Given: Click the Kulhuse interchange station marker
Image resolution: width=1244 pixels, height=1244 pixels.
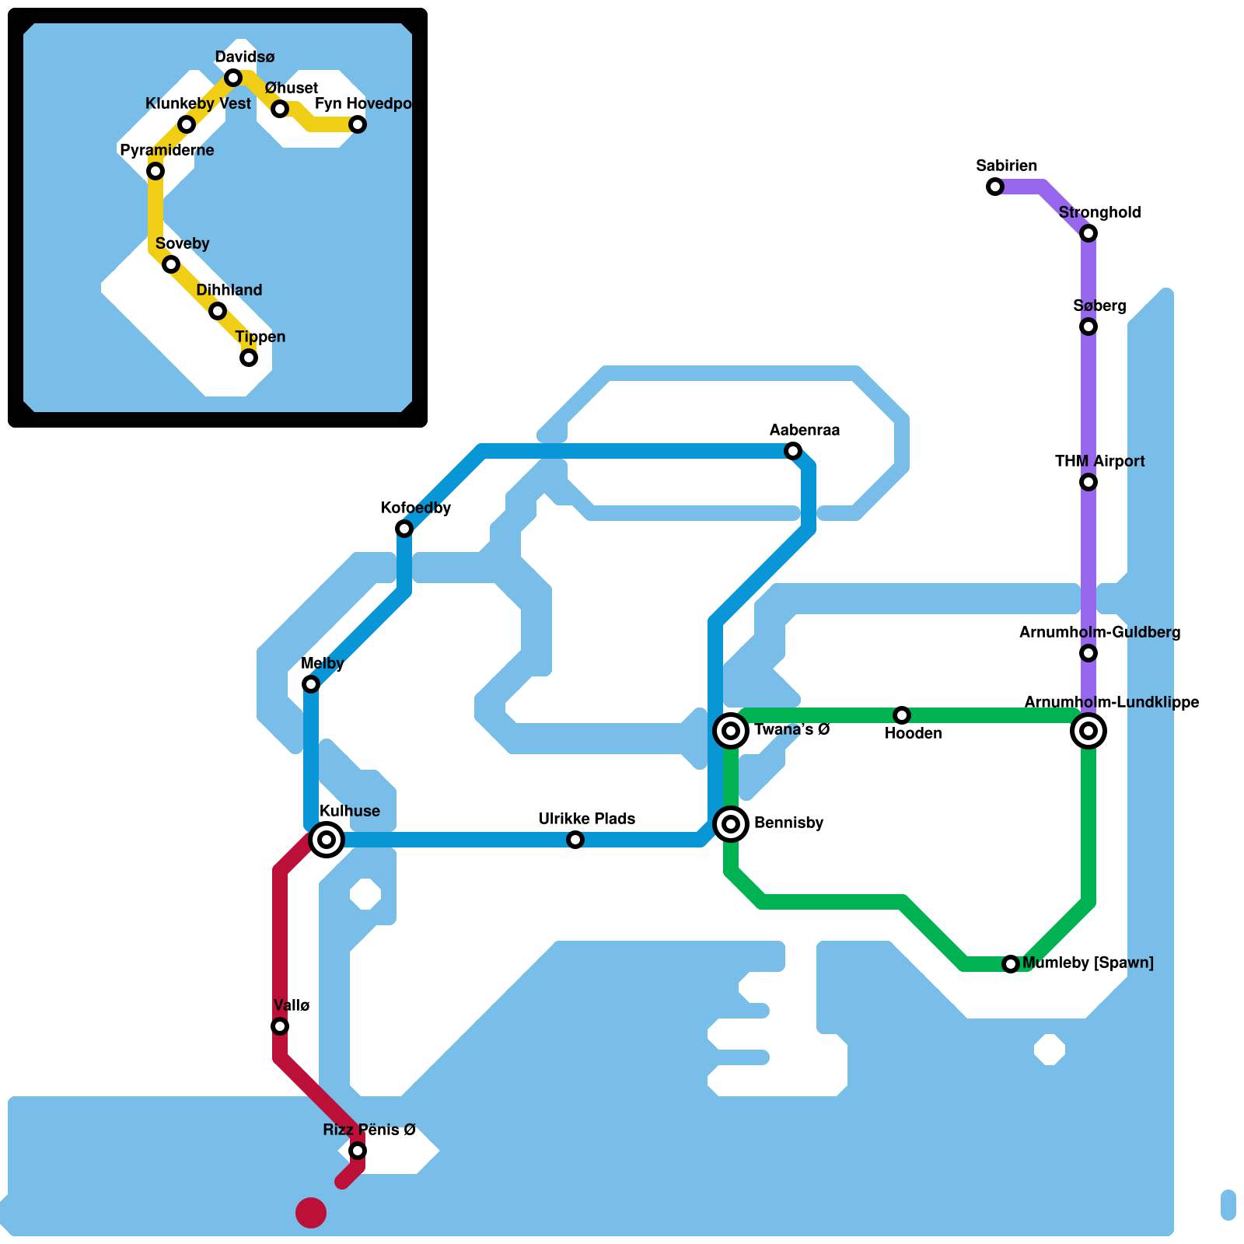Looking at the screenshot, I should pyautogui.click(x=327, y=840).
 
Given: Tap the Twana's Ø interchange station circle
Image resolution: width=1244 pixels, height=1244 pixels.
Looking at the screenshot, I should pyautogui.click(x=731, y=731).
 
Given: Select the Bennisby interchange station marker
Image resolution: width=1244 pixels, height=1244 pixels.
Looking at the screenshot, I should pyautogui.click(x=731, y=824).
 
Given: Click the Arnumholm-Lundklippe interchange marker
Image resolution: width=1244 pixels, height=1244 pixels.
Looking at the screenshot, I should pyautogui.click(x=1088, y=731).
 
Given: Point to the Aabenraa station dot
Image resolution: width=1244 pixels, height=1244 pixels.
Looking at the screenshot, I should pyautogui.click(x=793, y=451).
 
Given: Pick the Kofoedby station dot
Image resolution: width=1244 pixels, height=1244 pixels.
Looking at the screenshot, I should pyautogui.click(x=404, y=529).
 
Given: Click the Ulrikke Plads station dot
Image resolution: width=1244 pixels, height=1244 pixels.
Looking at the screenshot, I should pyautogui.click(x=575, y=840).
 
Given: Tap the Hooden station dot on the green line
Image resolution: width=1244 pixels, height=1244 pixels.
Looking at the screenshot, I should pyautogui.click(x=902, y=715).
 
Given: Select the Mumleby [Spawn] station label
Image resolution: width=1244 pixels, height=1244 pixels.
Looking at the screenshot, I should pyautogui.click(x=1088, y=963).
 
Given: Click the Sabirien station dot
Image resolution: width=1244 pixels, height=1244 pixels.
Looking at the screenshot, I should pyautogui.click(x=995, y=187).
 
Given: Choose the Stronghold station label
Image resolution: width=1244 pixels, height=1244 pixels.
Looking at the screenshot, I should pyautogui.click(x=1099, y=213).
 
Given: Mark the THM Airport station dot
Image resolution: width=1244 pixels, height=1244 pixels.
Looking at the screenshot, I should pyautogui.click(x=1088, y=482).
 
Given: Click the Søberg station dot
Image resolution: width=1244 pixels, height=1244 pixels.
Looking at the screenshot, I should pyautogui.click(x=1088, y=327).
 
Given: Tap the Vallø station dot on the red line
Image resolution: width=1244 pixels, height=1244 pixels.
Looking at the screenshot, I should pyautogui.click(x=280, y=1026).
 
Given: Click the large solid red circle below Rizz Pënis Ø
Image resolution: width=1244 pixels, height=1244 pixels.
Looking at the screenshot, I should pyautogui.click(x=311, y=1213).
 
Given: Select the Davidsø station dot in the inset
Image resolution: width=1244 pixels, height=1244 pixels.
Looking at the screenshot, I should pyautogui.click(x=233, y=78).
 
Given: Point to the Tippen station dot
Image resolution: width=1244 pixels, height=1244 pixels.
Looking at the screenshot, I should pyautogui.click(x=249, y=358).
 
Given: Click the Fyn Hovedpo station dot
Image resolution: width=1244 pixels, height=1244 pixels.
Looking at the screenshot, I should pyautogui.click(x=358, y=124).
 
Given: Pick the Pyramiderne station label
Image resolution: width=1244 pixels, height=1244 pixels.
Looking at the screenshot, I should pyautogui.click(x=167, y=151).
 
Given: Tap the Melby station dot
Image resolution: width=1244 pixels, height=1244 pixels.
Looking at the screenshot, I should pyautogui.click(x=311, y=684).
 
